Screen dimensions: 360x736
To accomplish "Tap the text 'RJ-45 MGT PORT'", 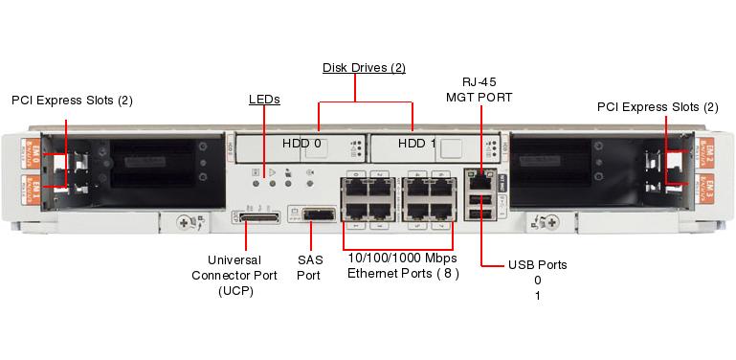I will pyautogui.click(x=479, y=90).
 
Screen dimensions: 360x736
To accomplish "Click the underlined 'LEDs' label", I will pyautogui.click(x=264, y=99).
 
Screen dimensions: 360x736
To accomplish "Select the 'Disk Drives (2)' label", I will pyautogui.click(x=364, y=68).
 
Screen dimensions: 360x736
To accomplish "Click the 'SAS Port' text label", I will pyautogui.click(x=309, y=267).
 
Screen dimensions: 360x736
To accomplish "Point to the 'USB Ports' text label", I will pyautogui.click(x=537, y=264).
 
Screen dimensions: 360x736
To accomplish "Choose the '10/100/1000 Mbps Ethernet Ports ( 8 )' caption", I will pyautogui.click(x=402, y=266).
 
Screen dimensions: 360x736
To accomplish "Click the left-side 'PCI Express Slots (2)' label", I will pyautogui.click(x=72, y=101).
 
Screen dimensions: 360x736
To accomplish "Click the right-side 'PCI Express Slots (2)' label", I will pyautogui.click(x=657, y=107).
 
